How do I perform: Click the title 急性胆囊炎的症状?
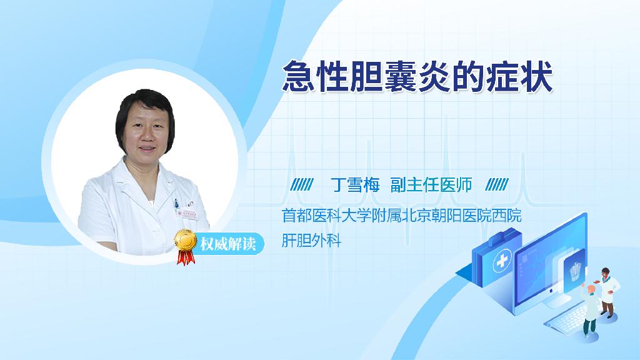click(x=417, y=76)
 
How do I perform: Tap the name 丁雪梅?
click(x=355, y=185)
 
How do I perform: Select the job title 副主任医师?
click(x=431, y=185)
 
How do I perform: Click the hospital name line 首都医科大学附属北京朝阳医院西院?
click(x=402, y=216)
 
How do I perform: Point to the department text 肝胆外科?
click(x=311, y=240)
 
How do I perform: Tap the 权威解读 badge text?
click(x=227, y=244)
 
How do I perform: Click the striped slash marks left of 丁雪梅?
click(x=302, y=184)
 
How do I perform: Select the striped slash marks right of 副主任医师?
click(x=497, y=184)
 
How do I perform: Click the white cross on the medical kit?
click(x=502, y=261)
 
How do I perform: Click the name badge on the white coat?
click(x=187, y=214)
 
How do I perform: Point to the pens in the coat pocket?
click(x=176, y=204)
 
